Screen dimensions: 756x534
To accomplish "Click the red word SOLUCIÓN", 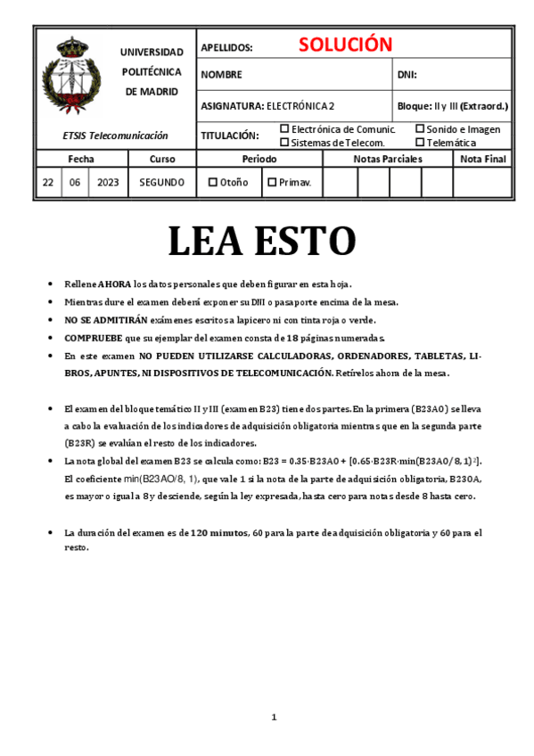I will pos(345,45).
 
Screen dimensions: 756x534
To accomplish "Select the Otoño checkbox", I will pos(213,182).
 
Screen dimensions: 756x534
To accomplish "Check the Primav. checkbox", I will pos(272,182).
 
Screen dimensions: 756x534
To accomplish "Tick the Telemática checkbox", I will pos(420,142).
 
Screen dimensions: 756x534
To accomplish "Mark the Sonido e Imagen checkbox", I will pos(420,128).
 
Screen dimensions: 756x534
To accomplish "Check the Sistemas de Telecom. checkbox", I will pos(284,142).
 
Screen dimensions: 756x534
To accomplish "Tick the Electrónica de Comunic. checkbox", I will pos(284,128).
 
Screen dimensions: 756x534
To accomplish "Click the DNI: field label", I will pos(407,75).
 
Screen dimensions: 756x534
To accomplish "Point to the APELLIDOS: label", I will pos(226,48).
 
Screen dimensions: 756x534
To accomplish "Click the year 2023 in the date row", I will pos(108,182).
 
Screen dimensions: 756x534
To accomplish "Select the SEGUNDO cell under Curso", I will pos(162,182).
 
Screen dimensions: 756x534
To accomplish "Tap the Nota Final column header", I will pos(483,159).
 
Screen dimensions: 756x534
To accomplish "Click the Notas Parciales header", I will pos(388,159).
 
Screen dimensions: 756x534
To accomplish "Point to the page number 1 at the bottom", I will pos(275,717).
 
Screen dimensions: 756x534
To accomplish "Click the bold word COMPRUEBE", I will pos(93,338).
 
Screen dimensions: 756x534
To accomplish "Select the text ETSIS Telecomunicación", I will pos(116,136).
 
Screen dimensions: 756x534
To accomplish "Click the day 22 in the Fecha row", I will pos(47,182).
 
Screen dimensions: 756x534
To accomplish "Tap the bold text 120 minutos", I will pos(218,532).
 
